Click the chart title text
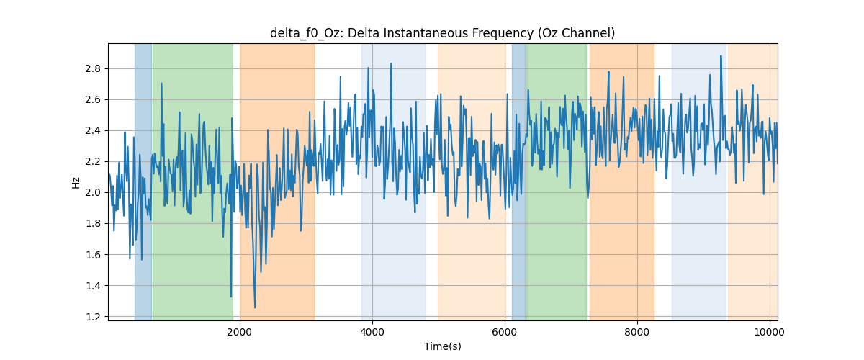pos(442,33)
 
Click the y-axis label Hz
pos(76,182)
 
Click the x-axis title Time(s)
pos(442,346)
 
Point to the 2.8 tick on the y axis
pos(93,68)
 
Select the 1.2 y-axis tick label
pos(93,317)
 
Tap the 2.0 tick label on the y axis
pos(93,192)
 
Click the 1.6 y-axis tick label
pos(93,255)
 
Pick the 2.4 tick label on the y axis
pos(93,131)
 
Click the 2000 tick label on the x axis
pos(240,332)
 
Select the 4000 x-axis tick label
pos(372,332)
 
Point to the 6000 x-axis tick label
pos(505,332)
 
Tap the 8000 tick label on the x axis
pos(637,332)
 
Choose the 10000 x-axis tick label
pos(770,332)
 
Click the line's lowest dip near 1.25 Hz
pos(255,307)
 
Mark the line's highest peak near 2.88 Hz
pos(721,56)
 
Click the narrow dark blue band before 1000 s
pos(143,181)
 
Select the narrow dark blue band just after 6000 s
pos(518,181)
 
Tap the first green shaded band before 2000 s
pos(193,181)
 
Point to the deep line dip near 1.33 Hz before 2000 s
pos(231,297)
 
